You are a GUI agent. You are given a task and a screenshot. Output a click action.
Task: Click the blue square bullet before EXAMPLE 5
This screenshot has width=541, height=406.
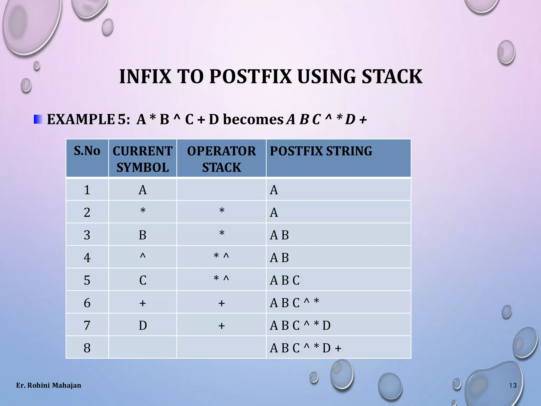tap(38, 119)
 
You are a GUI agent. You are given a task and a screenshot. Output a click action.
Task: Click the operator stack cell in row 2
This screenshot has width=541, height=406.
tap(221, 212)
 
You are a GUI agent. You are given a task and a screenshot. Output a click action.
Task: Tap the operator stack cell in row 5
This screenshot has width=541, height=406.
tap(221, 280)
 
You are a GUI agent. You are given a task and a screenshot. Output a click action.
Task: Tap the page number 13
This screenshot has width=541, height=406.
tap(513, 386)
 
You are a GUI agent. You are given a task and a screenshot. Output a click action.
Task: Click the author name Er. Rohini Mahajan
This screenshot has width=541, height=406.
tap(49, 385)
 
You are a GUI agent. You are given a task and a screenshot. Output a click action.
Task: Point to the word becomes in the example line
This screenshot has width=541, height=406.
tap(253, 119)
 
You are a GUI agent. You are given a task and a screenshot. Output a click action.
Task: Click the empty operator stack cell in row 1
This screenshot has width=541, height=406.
tap(221, 190)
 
